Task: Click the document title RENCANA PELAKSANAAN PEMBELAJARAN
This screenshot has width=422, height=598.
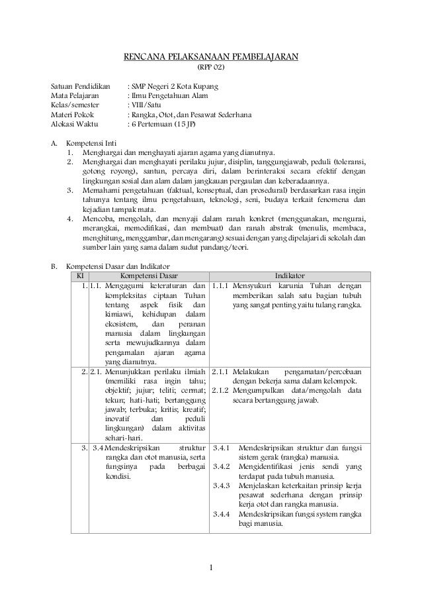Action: click(x=211, y=56)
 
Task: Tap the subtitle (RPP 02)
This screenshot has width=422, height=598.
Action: click(x=211, y=67)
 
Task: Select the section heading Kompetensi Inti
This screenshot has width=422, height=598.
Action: click(x=91, y=143)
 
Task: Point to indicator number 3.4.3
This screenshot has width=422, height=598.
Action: click(x=221, y=486)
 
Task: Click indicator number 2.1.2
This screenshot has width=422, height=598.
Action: click(x=221, y=389)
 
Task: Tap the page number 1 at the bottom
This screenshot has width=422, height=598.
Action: click(x=210, y=567)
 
